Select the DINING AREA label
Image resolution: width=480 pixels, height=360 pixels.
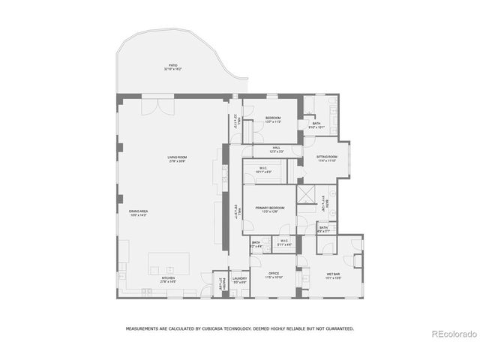click(x=138, y=213)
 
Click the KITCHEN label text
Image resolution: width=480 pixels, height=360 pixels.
click(x=168, y=280)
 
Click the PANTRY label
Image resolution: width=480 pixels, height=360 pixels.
click(x=220, y=286)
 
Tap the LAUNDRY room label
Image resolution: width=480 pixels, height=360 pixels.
click(x=238, y=280)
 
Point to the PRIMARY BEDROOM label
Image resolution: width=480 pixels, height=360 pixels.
click(x=268, y=209)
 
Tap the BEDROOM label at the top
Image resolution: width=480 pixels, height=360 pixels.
click(x=272, y=118)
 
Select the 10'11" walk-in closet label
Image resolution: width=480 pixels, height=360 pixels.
click(x=264, y=169)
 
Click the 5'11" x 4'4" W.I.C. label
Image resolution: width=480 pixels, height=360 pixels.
click(x=284, y=242)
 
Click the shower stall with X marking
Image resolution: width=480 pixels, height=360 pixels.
click(x=306, y=194)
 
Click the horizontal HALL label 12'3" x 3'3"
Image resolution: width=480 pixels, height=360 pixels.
click(x=276, y=148)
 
